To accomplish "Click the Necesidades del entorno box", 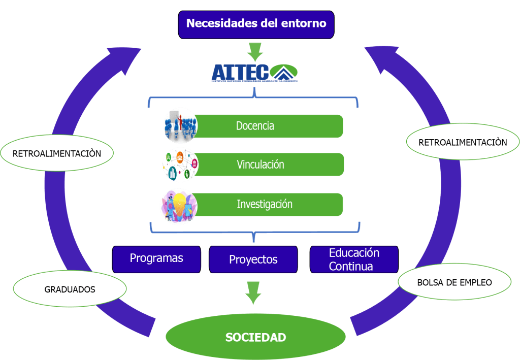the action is [256, 24].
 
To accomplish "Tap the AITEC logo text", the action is [240, 72].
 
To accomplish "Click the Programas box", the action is [156, 259].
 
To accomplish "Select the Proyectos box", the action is [253, 259].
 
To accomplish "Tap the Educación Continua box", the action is [354, 259].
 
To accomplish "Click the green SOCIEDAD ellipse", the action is [256, 337].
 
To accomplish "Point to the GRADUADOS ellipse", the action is [70, 289].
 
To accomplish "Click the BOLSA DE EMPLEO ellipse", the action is [454, 282].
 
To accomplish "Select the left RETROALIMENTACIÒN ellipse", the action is [57, 153].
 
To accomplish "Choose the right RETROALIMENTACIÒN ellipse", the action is [463, 142].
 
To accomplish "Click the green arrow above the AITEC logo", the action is [255, 52].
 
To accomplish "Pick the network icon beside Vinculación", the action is [181, 165].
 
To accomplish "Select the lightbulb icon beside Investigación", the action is [179, 206].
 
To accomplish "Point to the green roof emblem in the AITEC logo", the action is [283, 73].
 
